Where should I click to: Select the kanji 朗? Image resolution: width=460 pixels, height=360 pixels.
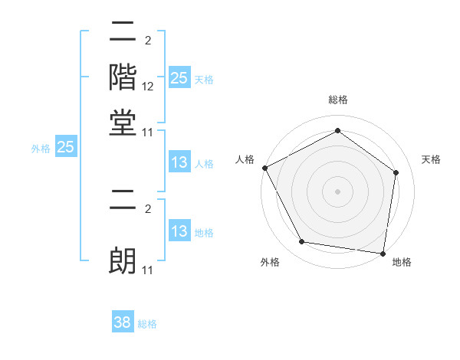click(123, 260)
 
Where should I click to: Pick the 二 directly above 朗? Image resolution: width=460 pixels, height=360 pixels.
click(123, 205)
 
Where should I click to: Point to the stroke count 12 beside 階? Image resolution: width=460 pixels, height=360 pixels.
click(148, 87)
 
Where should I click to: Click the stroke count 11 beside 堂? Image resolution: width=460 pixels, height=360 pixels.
click(148, 132)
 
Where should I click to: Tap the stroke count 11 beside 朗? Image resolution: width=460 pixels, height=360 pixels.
click(148, 270)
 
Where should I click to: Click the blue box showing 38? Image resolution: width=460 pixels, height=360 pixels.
click(123, 322)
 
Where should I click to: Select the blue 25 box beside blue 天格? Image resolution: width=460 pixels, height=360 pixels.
click(179, 77)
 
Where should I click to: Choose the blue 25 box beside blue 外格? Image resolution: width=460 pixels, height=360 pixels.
click(65, 148)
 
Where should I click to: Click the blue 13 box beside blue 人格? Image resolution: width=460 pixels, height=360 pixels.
click(179, 162)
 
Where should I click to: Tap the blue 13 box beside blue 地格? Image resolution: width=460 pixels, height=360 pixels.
click(179, 231)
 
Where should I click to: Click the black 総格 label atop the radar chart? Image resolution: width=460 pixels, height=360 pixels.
click(338, 100)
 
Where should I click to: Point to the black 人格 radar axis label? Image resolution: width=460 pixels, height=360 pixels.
click(245, 159)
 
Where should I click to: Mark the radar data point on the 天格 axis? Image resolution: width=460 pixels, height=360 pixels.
click(396, 172)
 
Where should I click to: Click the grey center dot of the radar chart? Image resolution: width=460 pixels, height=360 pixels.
click(338, 191)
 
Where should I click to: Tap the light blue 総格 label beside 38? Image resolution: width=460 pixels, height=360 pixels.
click(147, 324)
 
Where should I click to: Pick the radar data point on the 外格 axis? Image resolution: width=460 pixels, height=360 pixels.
click(302, 242)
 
